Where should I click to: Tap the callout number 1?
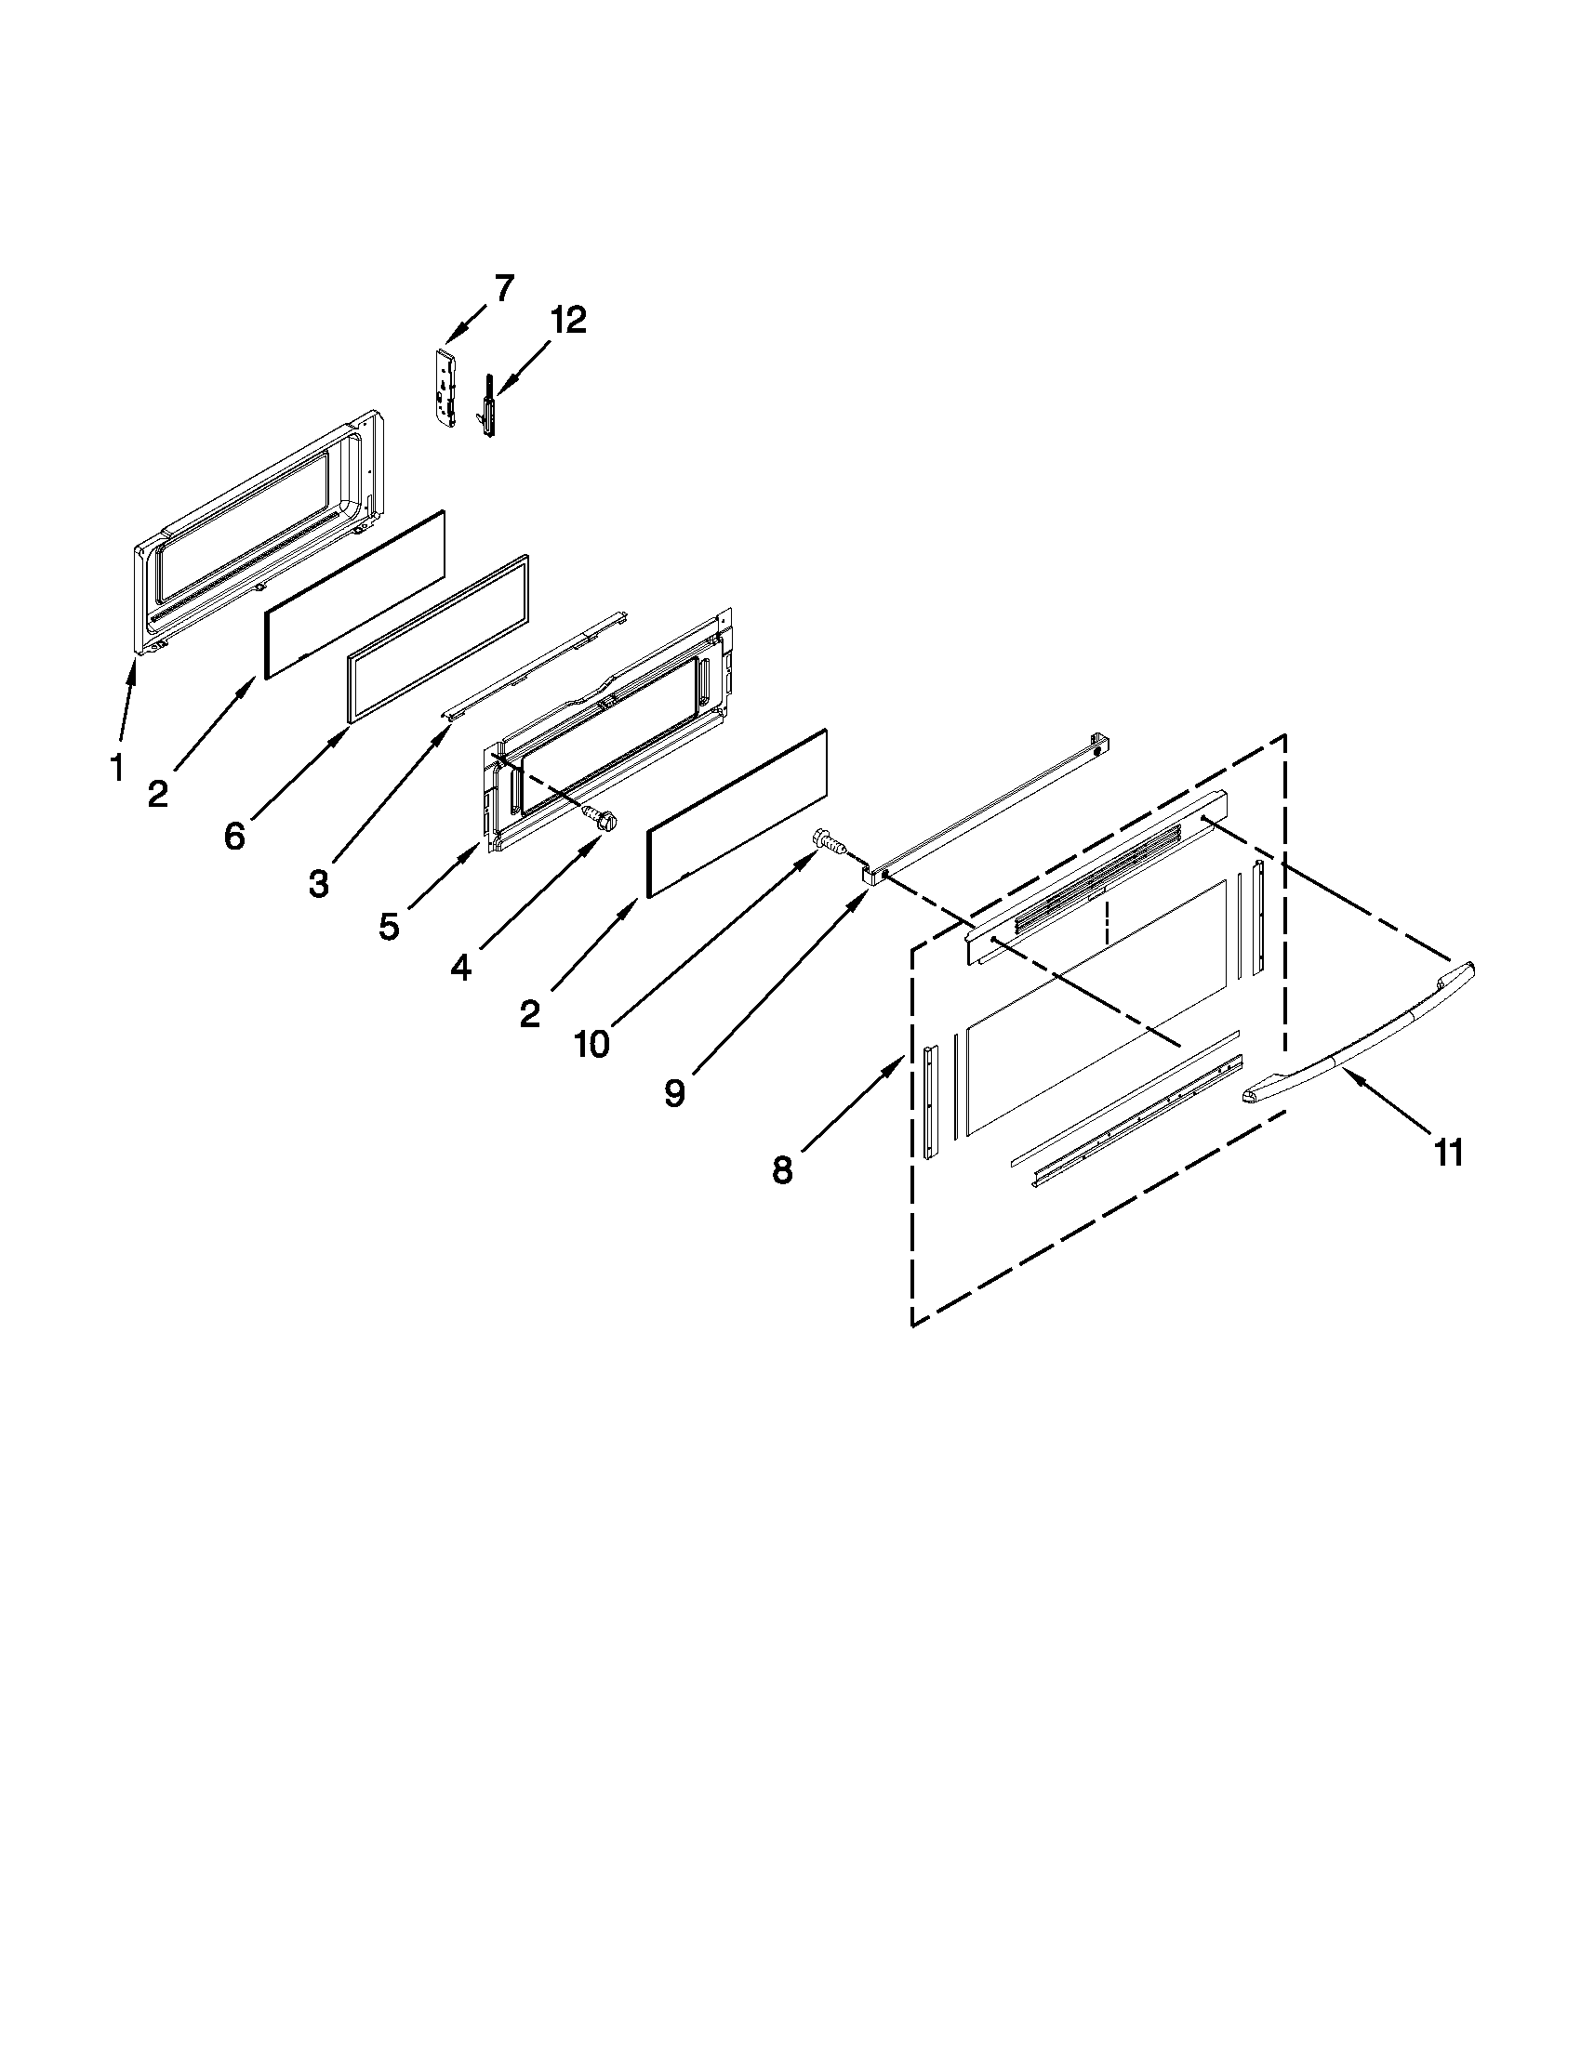point(116,769)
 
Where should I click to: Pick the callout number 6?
point(234,837)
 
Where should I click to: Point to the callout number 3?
point(318,883)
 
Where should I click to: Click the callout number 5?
point(390,926)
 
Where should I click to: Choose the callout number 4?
point(460,969)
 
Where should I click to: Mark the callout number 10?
point(591,1043)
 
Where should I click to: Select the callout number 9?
point(674,1092)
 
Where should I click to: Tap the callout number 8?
point(782,1169)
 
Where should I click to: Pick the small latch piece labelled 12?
point(487,406)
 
